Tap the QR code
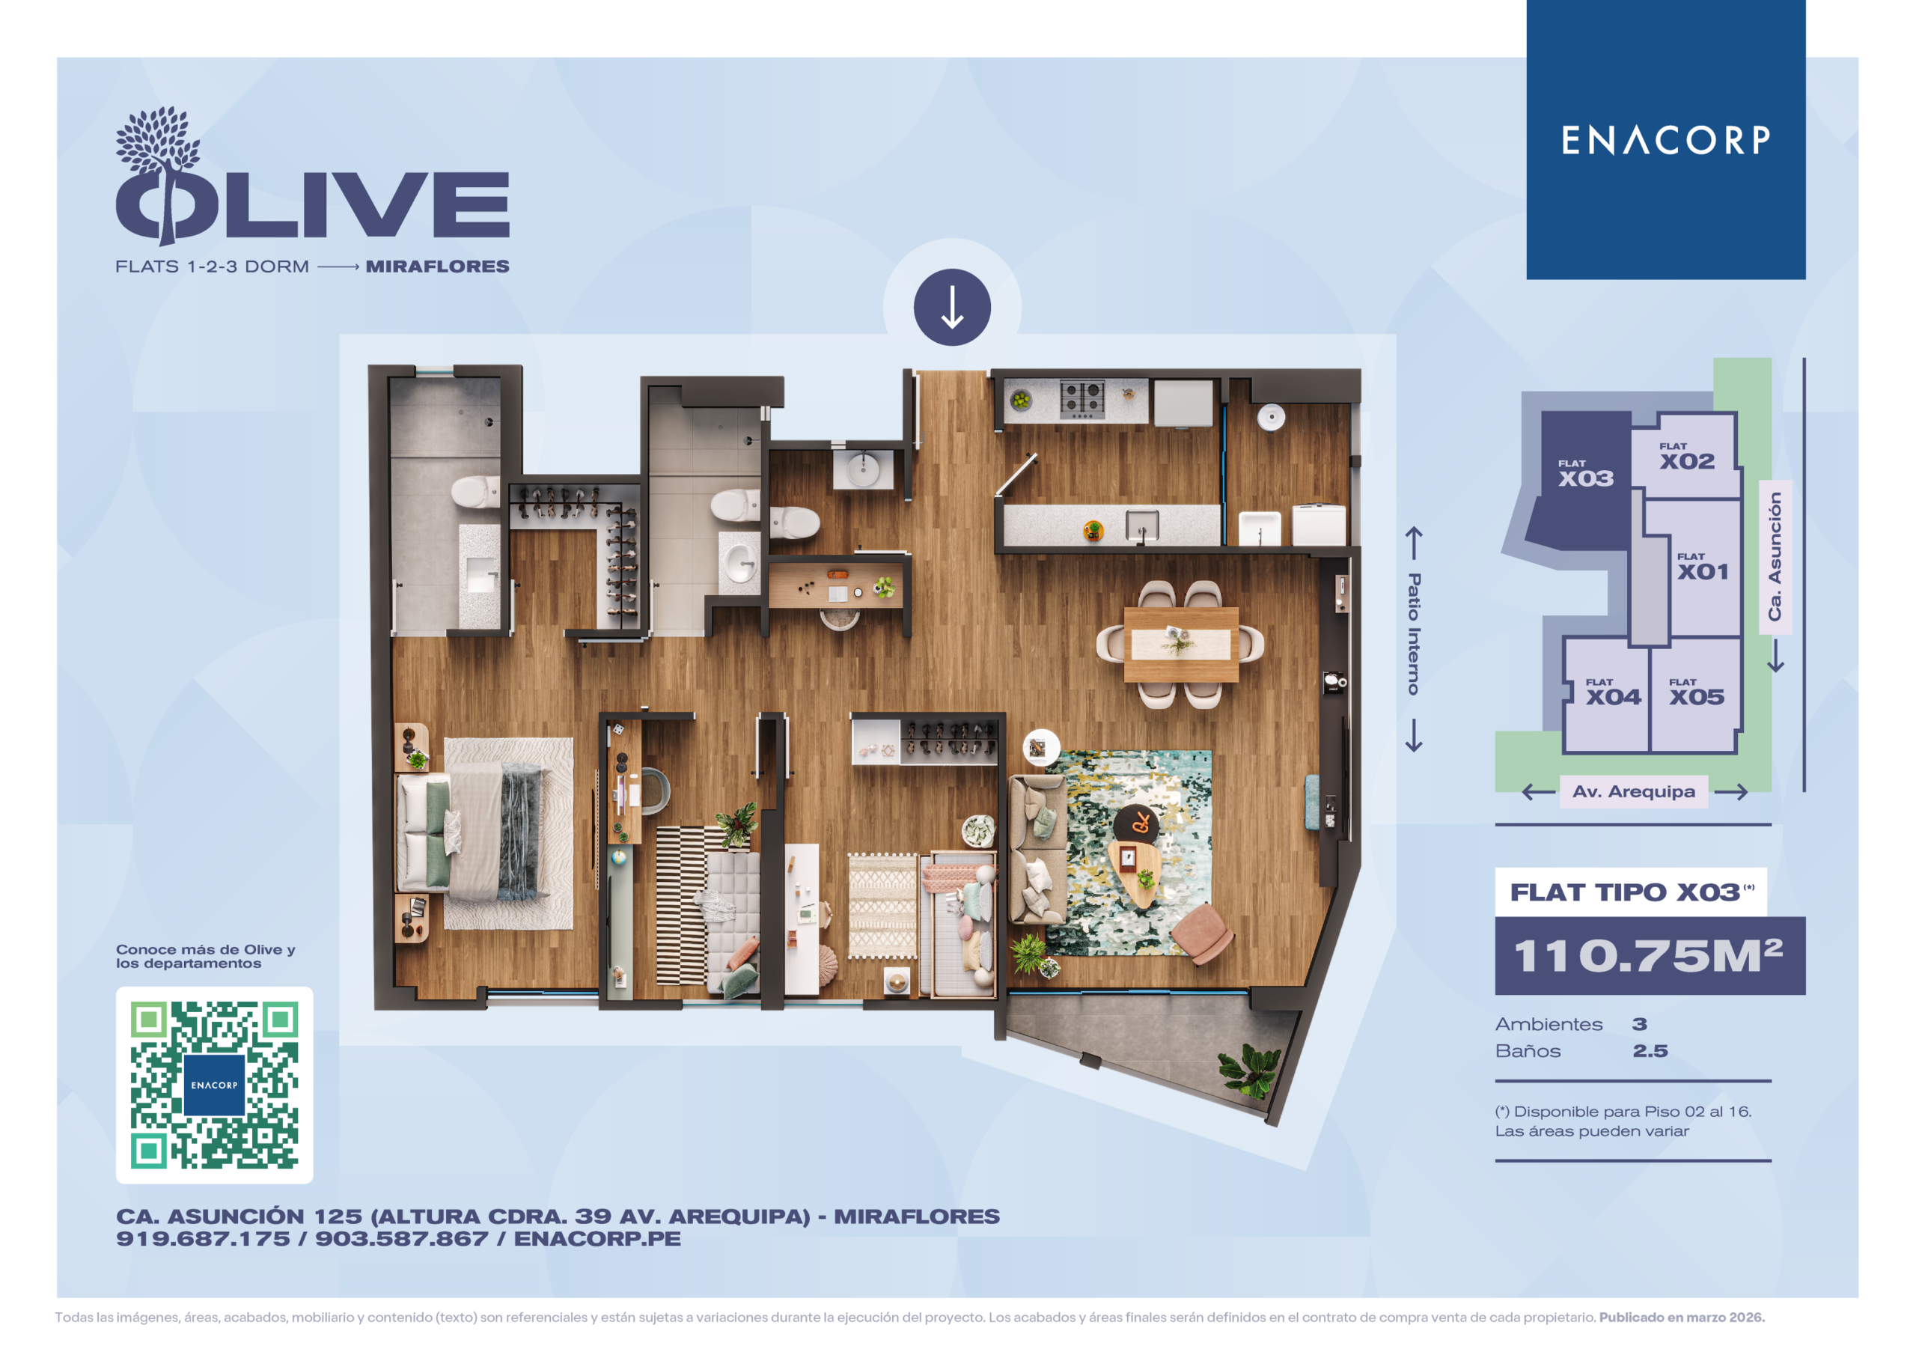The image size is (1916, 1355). click(215, 1085)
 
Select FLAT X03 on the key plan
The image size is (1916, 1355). click(1585, 474)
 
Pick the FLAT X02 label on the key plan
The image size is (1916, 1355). click(1686, 457)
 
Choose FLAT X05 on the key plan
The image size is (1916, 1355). click(1697, 692)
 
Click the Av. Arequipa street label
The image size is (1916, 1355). click(1633, 791)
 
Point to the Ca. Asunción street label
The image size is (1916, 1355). click(1775, 556)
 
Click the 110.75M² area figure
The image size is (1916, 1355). click(1648, 956)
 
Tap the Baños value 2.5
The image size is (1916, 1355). click(1650, 1051)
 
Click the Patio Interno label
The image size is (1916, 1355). click(1414, 633)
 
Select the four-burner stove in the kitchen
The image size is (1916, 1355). click(1082, 399)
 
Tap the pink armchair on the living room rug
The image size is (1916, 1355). click(1203, 934)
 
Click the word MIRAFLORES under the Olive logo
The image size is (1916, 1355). click(437, 267)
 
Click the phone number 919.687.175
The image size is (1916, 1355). click(203, 1239)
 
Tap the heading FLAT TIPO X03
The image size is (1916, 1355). click(1626, 892)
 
